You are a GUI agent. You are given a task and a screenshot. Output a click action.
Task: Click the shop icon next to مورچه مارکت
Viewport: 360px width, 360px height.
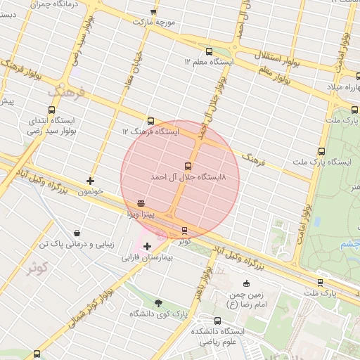coord(154,12)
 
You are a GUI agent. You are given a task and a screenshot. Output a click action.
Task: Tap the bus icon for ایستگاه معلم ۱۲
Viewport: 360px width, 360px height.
coord(208,51)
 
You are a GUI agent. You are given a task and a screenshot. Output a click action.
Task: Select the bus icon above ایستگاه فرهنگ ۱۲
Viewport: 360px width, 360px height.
coord(150,121)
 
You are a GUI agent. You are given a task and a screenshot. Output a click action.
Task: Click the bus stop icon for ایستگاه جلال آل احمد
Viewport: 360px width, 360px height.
coord(187,166)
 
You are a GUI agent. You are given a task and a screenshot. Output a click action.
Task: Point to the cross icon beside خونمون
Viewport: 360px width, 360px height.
coord(90,181)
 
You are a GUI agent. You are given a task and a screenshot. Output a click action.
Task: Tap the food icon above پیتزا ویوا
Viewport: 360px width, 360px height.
coord(141,202)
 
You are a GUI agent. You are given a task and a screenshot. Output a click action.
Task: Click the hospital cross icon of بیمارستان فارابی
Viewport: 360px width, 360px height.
coord(147,246)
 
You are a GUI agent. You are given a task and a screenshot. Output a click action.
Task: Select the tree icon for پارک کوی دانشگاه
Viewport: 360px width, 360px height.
coord(158,303)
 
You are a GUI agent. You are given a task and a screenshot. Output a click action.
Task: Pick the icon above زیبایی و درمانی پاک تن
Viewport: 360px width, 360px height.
coord(76,233)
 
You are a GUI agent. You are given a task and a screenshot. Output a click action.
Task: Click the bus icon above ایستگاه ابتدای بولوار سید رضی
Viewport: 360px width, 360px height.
coord(51,110)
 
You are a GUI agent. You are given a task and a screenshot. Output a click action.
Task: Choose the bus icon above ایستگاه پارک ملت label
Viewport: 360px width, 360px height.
coord(322,151)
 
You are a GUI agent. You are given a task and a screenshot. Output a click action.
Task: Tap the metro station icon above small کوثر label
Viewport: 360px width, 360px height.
coord(185,230)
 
